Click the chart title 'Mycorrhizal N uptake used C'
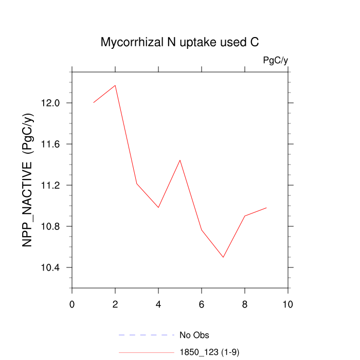point(179,43)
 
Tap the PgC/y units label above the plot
point(275,61)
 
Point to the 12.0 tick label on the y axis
point(50,103)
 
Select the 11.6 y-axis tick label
point(50,144)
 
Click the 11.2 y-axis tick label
point(50,185)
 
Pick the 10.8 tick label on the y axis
point(50,226)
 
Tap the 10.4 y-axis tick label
point(50,267)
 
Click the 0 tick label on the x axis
point(72,304)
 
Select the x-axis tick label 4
point(158,304)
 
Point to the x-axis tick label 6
point(202,304)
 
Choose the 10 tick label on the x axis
point(288,304)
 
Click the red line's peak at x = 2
point(115,85)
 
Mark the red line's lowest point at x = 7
point(223,257)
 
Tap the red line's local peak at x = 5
point(180,160)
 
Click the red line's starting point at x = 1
point(94,102)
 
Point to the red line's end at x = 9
point(266,208)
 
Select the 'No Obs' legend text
point(194,336)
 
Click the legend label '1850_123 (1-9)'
point(209,352)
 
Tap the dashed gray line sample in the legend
point(147,335)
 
